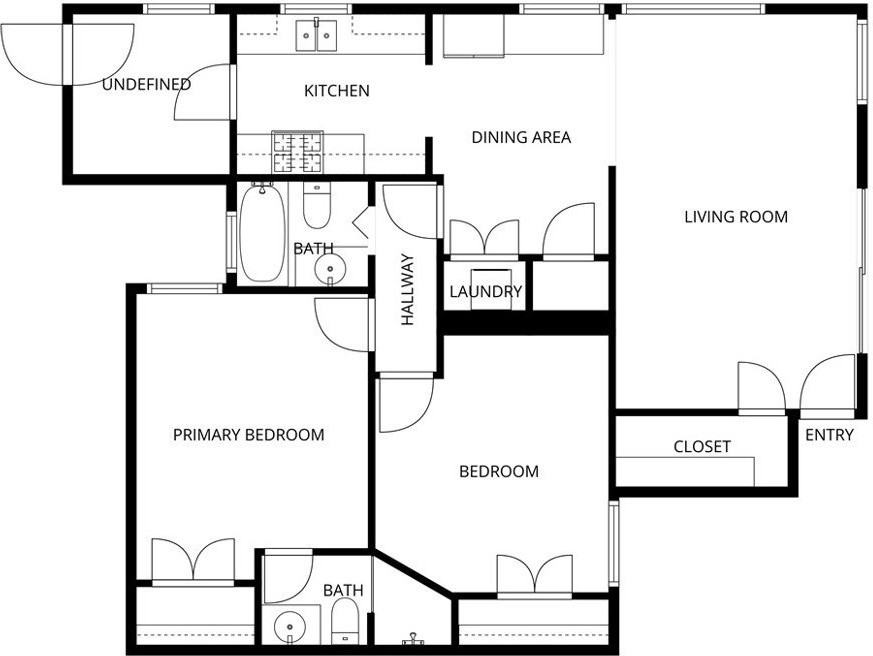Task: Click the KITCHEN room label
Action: (x=337, y=91)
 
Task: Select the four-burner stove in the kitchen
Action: (x=298, y=153)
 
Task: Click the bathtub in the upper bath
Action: (x=262, y=234)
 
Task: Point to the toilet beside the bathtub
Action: (x=317, y=208)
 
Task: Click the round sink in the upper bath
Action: (x=329, y=269)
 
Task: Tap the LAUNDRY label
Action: (x=485, y=292)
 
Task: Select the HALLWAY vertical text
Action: (x=408, y=290)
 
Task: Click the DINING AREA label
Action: (x=521, y=137)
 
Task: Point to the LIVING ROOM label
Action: (x=735, y=216)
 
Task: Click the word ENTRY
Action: (x=829, y=435)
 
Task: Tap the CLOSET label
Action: (x=701, y=447)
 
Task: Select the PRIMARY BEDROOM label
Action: (x=248, y=435)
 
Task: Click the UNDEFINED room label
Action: (x=146, y=85)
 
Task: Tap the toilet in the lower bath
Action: (x=345, y=621)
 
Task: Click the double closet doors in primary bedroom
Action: (x=193, y=560)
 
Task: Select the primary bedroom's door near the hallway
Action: (x=343, y=322)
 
